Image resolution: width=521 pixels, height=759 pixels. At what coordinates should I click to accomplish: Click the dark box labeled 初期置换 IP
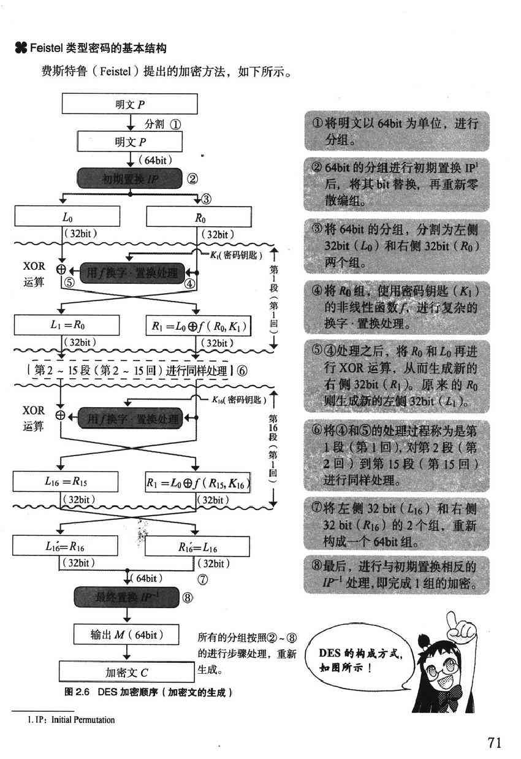(x=130, y=179)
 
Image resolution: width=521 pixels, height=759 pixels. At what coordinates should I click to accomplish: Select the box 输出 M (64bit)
(x=126, y=635)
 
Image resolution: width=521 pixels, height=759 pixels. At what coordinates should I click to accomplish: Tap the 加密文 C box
(x=126, y=672)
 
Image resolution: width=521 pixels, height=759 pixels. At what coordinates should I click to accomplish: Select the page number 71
(x=495, y=742)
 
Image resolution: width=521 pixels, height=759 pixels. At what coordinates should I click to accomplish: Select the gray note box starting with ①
(x=397, y=131)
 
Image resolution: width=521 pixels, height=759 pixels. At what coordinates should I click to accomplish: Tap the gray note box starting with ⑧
(x=397, y=574)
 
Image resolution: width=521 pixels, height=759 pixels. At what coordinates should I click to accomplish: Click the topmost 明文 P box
(x=129, y=104)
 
